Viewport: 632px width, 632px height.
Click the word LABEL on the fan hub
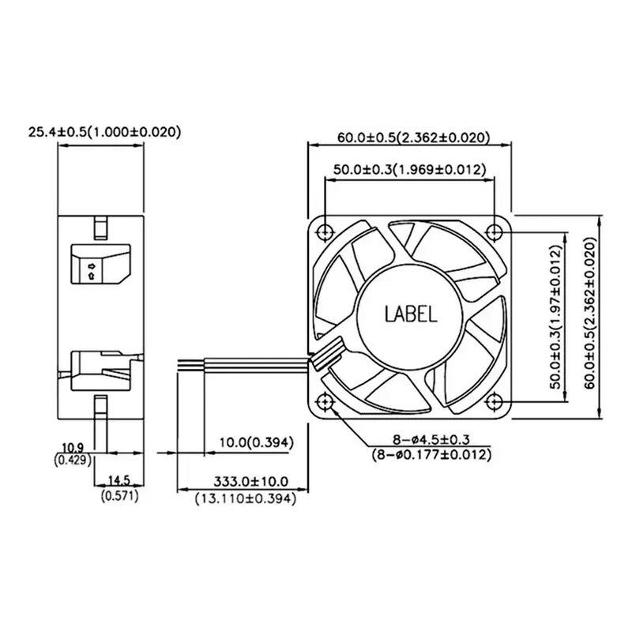[x=411, y=314]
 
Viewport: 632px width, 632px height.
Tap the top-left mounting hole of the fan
[x=325, y=232]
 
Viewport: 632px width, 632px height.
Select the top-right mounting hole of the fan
[x=495, y=232]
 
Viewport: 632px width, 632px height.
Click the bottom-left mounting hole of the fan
[x=325, y=402]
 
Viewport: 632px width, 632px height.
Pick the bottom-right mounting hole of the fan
[x=495, y=402]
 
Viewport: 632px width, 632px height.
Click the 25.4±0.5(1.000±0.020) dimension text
[x=104, y=132]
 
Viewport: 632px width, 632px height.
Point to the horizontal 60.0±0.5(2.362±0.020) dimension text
[x=413, y=137]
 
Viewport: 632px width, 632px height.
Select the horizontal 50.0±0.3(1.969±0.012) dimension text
[x=410, y=170]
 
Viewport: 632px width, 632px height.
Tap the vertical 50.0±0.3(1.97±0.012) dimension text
[x=556, y=317]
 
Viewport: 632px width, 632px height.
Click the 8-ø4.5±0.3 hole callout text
[x=431, y=439]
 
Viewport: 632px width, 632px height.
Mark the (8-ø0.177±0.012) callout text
[x=431, y=455]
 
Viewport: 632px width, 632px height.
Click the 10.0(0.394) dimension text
[x=256, y=442]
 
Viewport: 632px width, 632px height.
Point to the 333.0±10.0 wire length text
[x=250, y=481]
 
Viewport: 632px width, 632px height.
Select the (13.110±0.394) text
[x=246, y=498]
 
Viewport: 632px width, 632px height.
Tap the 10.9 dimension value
[x=73, y=447]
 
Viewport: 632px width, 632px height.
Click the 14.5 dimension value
[x=119, y=480]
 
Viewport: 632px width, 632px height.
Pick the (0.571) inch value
[x=120, y=496]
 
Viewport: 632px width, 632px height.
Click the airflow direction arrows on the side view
[x=92, y=271]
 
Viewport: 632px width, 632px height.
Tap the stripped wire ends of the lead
[x=190, y=363]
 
